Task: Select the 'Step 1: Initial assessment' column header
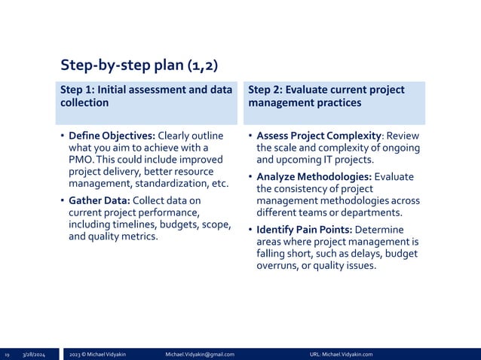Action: tap(146, 96)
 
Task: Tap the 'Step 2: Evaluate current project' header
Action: tap(326, 96)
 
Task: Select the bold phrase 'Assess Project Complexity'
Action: tap(317, 136)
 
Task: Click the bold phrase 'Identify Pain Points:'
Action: tap(305, 229)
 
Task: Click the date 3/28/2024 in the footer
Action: tap(34, 354)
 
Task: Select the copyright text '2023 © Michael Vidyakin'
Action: tap(98, 354)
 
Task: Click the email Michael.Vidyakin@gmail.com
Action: tap(200, 354)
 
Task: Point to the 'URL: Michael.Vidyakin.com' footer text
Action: tap(341, 354)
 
